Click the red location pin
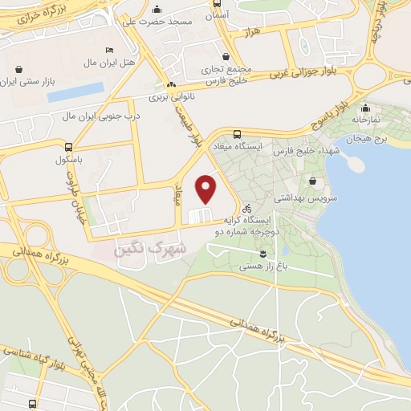(x=207, y=189)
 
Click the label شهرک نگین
(x=151, y=250)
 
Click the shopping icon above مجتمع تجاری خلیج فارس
(x=227, y=56)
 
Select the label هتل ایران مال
(x=96, y=62)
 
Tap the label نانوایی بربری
(x=171, y=97)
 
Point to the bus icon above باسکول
(x=69, y=148)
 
